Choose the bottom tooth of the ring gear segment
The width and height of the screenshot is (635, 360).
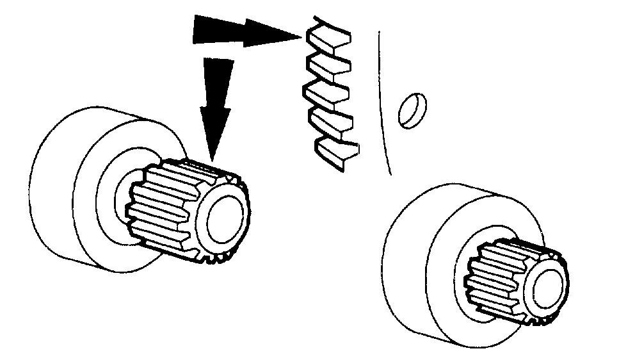pos(338,152)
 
